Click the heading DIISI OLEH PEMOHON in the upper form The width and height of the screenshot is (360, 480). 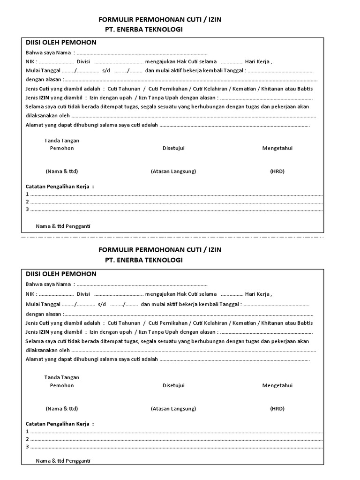pos(61,43)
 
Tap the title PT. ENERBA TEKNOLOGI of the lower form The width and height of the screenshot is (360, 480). pos(143,260)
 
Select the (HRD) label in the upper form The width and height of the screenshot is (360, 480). pos(277,172)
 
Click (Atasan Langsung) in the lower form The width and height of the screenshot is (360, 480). pos(173,409)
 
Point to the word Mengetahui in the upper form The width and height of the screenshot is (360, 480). pos(277,148)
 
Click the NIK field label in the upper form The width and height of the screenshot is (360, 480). pos(30,62)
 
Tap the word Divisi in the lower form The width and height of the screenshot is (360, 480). pos(83,294)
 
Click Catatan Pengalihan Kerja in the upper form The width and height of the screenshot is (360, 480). pos(59,187)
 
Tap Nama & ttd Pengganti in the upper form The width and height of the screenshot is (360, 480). pos(63,226)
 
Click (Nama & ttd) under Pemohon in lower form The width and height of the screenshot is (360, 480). pos(61,409)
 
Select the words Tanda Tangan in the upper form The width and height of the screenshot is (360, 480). pos(61,141)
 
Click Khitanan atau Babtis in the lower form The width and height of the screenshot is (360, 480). pos(287,323)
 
